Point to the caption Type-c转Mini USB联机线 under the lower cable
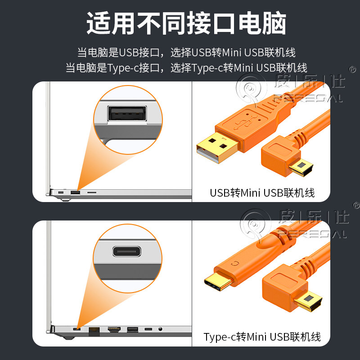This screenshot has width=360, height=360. point(262,337)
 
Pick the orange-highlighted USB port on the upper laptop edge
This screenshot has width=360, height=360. point(75,193)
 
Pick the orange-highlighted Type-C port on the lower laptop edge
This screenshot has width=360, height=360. point(76,330)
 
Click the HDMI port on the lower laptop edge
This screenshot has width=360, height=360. point(114,330)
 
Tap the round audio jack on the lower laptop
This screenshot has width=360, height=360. point(161,330)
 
